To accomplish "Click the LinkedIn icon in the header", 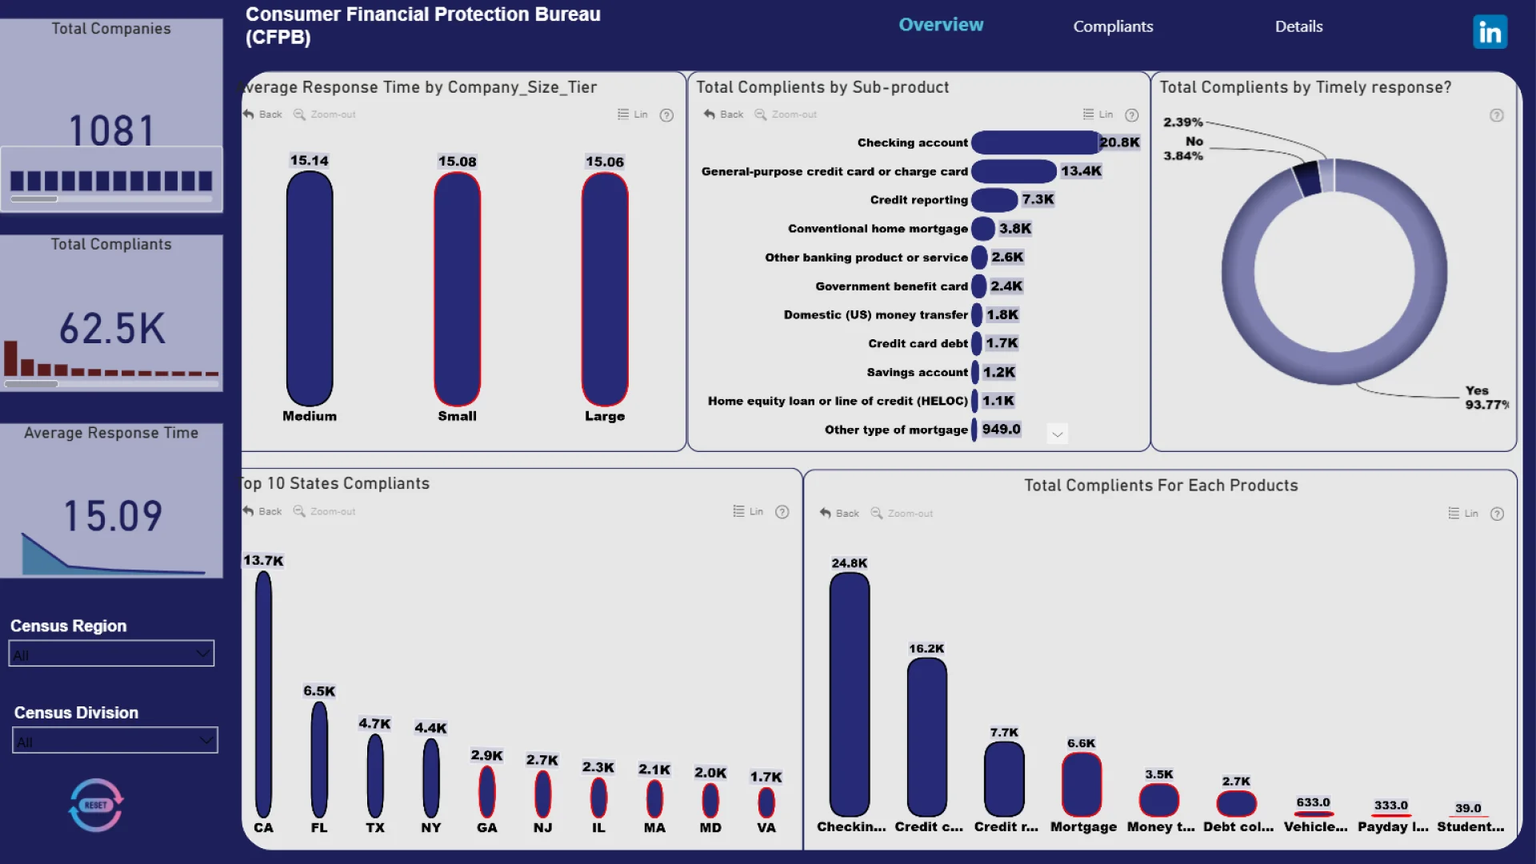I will coord(1490,32).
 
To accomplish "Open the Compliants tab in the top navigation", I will coord(1113,26).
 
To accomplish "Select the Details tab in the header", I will coord(1298,26).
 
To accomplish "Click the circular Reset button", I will coord(96,805).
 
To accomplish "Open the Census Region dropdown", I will coord(111,654).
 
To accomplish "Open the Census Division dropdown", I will coord(115,741).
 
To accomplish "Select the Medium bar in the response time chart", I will coord(310,288).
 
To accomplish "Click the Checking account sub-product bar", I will coord(1034,142).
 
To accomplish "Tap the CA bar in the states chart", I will coord(263,694).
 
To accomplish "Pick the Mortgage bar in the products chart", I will coord(1081,784).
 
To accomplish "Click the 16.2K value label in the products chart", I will coord(926,649).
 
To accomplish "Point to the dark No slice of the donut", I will coord(1306,178).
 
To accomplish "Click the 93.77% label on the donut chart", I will coord(1486,405).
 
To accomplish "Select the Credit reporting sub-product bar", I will coord(994,200).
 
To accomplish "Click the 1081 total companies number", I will coord(111,130).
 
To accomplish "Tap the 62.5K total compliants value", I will coord(112,328).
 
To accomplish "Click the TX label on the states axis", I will coord(375,828).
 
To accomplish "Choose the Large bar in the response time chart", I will coord(605,288).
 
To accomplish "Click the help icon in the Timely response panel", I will coord(1496,115).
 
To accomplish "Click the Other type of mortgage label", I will coord(896,430).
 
